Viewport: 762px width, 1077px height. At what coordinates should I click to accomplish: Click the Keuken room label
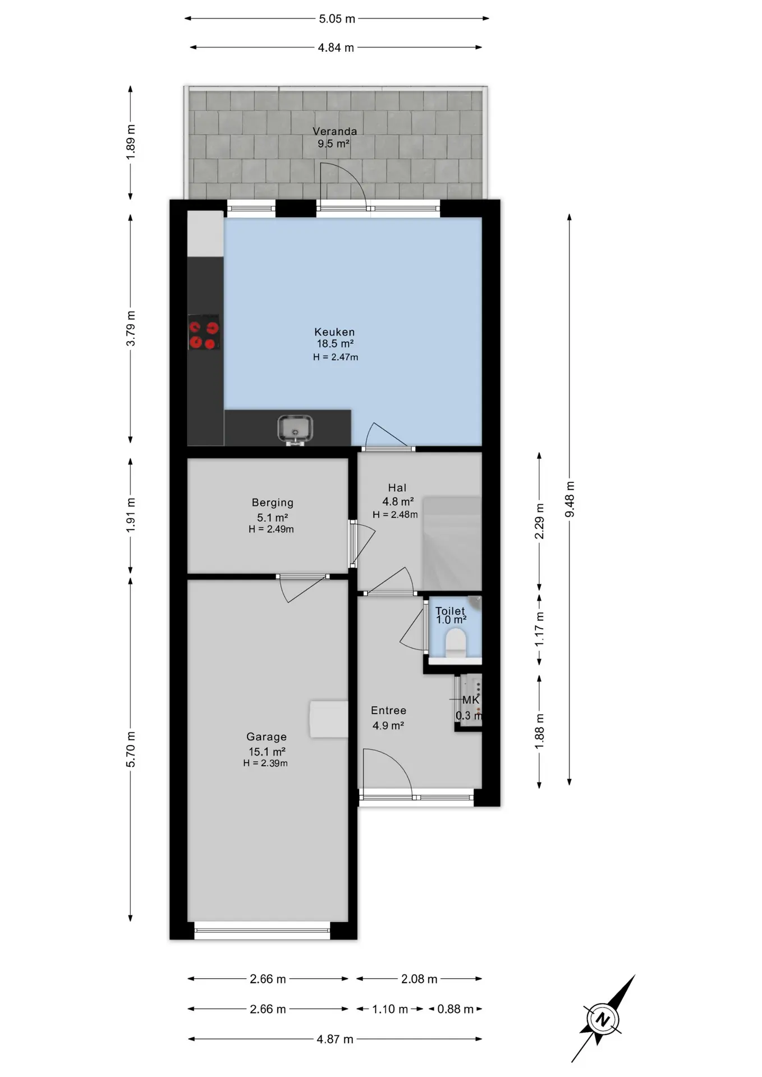334,332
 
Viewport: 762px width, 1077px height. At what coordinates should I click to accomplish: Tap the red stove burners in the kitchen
203,332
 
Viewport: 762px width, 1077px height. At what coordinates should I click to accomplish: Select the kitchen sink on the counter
295,429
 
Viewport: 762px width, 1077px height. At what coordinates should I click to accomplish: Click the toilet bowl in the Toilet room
455,643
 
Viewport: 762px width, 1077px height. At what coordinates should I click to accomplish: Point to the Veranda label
335,131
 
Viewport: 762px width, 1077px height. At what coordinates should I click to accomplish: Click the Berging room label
273,503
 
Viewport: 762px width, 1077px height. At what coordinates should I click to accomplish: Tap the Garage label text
267,737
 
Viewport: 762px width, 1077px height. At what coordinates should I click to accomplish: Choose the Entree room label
388,710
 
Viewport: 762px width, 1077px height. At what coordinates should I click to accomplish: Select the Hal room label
397,488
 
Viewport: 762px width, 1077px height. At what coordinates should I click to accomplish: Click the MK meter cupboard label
471,700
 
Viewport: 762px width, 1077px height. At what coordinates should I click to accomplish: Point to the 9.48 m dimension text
570,499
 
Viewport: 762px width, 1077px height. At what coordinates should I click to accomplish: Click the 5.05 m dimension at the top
337,19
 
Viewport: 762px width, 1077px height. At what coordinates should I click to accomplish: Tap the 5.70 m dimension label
131,749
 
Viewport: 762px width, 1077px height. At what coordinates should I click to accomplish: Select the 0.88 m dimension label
456,1009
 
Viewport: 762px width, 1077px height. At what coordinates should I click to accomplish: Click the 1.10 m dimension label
390,1009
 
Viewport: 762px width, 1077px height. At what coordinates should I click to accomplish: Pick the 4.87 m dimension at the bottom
335,1039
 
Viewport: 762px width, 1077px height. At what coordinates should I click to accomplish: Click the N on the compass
603,1019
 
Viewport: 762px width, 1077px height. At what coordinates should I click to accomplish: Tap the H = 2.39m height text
265,763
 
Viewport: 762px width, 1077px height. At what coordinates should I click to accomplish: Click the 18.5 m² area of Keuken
335,344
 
